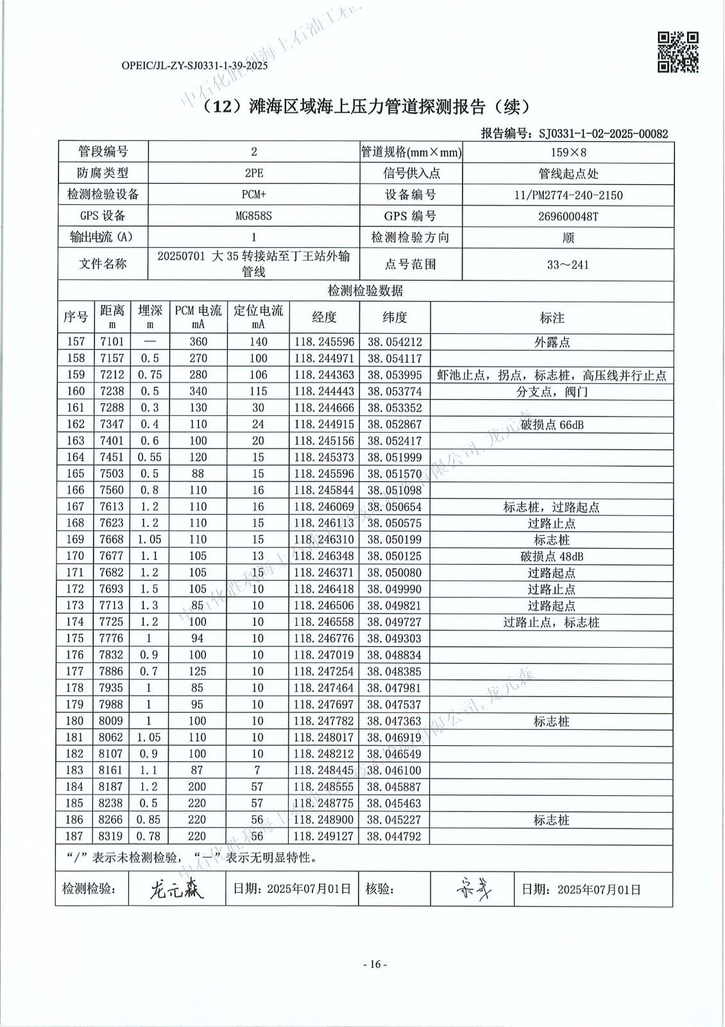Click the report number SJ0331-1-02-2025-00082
pyautogui.click(x=603, y=134)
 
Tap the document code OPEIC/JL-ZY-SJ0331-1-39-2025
pyautogui.click(x=194, y=65)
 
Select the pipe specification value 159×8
pyautogui.click(x=568, y=152)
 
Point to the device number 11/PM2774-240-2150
pyautogui.click(x=568, y=195)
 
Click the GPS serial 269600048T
pyautogui.click(x=568, y=216)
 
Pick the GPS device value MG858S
pyautogui.click(x=253, y=216)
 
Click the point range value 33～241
pyautogui.click(x=568, y=264)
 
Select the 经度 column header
pyautogui.click(x=324, y=317)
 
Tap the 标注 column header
pyautogui.click(x=552, y=318)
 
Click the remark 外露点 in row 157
pyautogui.click(x=552, y=342)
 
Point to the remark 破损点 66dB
pyautogui.click(x=552, y=424)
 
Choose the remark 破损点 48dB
pyautogui.click(x=552, y=556)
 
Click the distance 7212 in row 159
pyautogui.click(x=112, y=375)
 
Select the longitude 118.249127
pyautogui.click(x=324, y=836)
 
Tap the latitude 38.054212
pyautogui.click(x=394, y=342)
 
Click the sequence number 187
pyautogui.click(x=75, y=836)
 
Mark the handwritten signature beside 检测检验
pyautogui.click(x=176, y=889)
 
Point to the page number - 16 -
pyautogui.click(x=375, y=964)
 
